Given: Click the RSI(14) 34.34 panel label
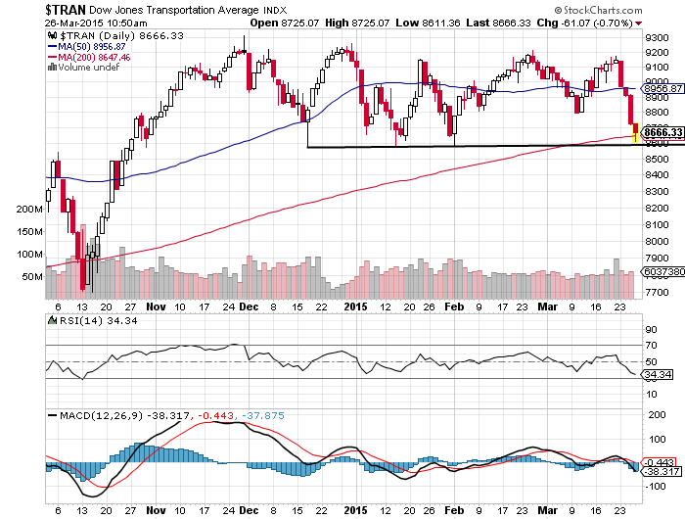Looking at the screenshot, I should coord(77,320).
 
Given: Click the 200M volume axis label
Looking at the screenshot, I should coord(31,210).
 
